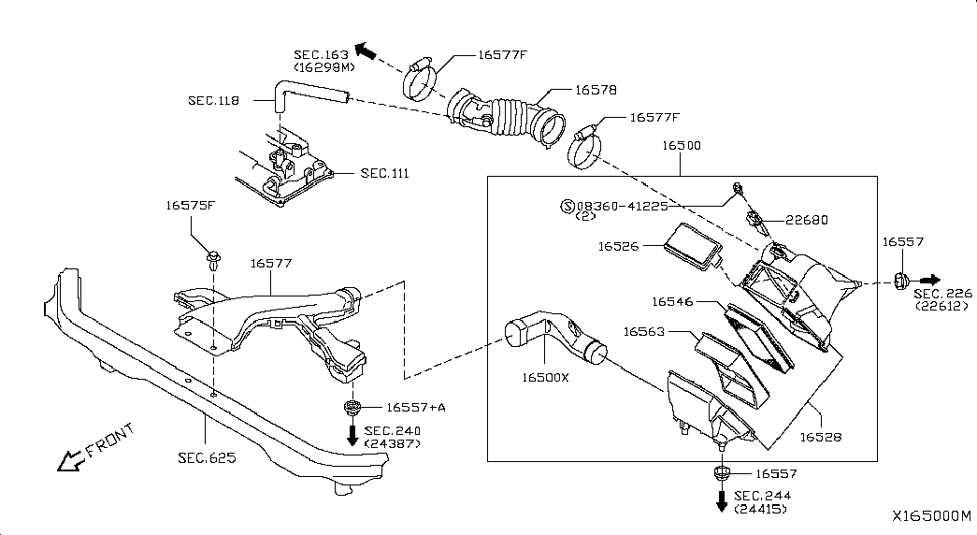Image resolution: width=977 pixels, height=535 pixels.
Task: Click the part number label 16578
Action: click(596, 90)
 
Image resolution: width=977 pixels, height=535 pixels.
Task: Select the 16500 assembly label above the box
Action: click(681, 145)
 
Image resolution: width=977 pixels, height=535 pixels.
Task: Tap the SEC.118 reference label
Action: click(214, 100)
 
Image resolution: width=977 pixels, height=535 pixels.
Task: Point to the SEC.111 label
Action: click(385, 173)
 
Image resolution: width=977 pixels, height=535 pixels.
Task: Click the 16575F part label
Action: click(191, 205)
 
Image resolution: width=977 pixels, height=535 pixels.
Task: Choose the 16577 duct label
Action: click(271, 263)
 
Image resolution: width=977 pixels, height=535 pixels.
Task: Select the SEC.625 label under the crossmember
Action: click(207, 457)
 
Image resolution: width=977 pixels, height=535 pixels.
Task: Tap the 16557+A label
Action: click(416, 407)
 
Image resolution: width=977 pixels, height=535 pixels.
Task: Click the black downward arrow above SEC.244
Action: click(722, 500)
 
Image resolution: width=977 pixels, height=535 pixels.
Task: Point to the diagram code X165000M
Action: click(931, 515)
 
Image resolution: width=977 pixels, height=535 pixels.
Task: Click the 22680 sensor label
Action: click(807, 220)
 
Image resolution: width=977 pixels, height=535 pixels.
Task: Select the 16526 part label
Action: click(619, 246)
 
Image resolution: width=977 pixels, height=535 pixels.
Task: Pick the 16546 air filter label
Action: click(672, 302)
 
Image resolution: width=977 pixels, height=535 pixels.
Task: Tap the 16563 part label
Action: click(644, 332)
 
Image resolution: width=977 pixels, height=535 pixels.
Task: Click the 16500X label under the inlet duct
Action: click(546, 378)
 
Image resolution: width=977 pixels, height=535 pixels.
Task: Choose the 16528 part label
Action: click(821, 437)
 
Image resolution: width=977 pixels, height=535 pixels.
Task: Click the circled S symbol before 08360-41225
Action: click(568, 206)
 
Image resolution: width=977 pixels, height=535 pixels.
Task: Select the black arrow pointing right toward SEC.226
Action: click(930, 280)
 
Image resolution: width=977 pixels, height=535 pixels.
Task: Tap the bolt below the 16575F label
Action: click(214, 259)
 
